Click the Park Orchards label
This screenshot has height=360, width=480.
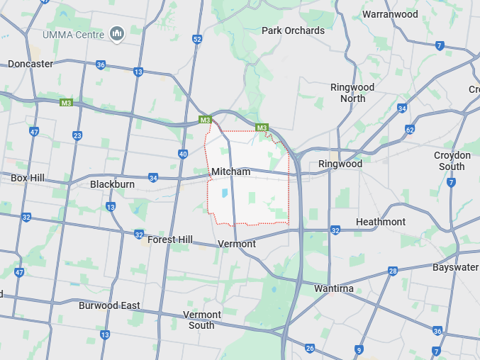293,30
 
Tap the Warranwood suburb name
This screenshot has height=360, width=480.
390,14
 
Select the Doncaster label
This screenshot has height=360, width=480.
30,64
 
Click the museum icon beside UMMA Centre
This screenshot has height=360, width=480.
117,33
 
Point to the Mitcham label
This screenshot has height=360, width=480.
230,171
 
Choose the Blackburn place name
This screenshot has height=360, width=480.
112,184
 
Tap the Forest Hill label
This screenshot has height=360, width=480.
170,240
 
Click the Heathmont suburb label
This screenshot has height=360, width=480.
381,222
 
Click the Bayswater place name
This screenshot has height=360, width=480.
455,267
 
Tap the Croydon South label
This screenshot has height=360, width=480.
452,161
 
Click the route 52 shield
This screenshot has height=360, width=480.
197,39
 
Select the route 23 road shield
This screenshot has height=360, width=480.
77,135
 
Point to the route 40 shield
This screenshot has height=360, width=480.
183,154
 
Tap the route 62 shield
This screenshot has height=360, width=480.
410,130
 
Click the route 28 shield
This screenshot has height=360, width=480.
393,271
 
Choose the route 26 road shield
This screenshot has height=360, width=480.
309,348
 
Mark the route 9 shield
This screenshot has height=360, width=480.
359,349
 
